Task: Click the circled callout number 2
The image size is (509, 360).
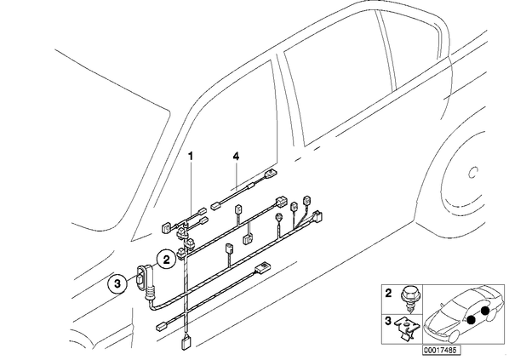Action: pyautogui.click(x=166, y=260)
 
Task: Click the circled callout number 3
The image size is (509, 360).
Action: pyautogui.click(x=117, y=283)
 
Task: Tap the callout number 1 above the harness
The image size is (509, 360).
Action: pyautogui.click(x=191, y=157)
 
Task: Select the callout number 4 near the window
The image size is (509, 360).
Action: pyautogui.click(x=236, y=157)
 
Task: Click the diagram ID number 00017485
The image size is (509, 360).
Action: pyautogui.click(x=442, y=350)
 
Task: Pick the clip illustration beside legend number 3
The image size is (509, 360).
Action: pyautogui.click(x=406, y=328)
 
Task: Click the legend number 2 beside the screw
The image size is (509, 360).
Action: pyautogui.click(x=388, y=294)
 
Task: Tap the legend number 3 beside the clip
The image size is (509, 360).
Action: pyautogui.click(x=388, y=322)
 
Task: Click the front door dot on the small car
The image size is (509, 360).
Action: pyautogui.click(x=471, y=320)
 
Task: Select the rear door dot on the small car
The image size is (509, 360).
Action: pyautogui.click(x=485, y=311)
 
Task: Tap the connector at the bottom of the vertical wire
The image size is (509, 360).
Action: pyautogui.click(x=186, y=344)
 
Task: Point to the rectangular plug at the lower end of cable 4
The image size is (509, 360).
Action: pyautogui.click(x=216, y=206)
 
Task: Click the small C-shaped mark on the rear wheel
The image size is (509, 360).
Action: pyautogui.click(x=473, y=173)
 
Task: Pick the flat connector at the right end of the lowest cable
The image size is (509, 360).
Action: pyautogui.click(x=263, y=266)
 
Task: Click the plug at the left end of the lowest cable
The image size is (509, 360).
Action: pyautogui.click(x=162, y=326)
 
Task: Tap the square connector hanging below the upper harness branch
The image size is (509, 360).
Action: pyautogui.click(x=248, y=239)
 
